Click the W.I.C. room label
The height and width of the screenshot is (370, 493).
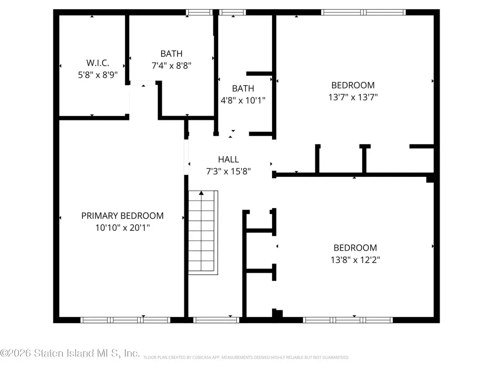coord(98,63)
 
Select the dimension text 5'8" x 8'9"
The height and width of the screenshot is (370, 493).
coord(98,75)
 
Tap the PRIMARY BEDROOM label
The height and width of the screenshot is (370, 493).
coord(122,215)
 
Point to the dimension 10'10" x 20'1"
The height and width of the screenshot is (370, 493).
coord(122,227)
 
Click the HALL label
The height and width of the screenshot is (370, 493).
coord(228,159)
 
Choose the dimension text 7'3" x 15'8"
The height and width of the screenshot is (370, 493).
coord(228,172)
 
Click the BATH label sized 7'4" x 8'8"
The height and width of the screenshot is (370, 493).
coord(171,54)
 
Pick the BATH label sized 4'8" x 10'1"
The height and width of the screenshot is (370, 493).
coord(243,89)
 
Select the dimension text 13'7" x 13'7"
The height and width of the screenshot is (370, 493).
coord(353,97)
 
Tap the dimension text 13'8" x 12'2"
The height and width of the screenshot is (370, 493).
coord(355,260)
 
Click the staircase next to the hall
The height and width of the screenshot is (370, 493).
coord(203,233)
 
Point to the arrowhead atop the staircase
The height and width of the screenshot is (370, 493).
coord(201,193)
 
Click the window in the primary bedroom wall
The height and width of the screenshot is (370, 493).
coord(126,320)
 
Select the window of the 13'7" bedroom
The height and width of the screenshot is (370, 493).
coord(363,12)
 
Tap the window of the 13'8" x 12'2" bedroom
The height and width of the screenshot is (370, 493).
coord(348,320)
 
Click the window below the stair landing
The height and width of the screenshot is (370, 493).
coord(216,320)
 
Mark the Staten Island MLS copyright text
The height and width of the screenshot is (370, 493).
coord(70,353)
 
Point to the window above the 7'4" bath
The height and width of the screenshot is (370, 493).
coord(199,12)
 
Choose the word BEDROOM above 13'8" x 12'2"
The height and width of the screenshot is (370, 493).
coord(355,248)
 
